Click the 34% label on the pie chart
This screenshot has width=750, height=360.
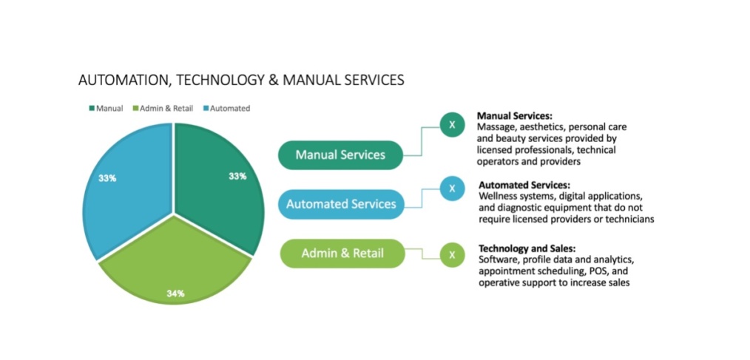pos(175,293)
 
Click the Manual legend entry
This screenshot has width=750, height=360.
pos(106,109)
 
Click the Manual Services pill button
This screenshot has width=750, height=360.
pos(340,155)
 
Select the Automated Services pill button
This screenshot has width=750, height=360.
pos(341,204)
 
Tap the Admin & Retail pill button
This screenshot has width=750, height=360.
pos(342,254)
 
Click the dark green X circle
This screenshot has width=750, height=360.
pos(452,125)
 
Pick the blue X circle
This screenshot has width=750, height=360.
pos(452,189)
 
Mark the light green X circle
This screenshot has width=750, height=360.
pos(452,255)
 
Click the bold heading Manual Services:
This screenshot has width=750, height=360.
pos(515,116)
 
